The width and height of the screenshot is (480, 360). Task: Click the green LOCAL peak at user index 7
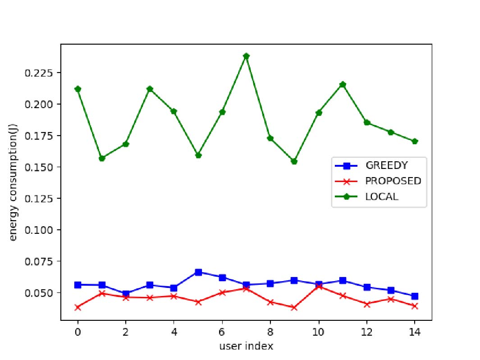click(x=246, y=56)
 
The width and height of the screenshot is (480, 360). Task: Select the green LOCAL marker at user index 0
click(x=78, y=89)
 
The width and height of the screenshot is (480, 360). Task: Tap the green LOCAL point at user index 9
click(x=294, y=161)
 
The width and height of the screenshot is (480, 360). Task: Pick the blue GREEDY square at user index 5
click(x=198, y=272)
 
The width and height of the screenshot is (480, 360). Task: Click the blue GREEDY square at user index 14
click(x=415, y=296)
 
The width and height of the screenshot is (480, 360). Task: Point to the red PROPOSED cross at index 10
click(x=319, y=286)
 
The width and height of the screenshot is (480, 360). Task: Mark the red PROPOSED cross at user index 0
click(x=78, y=307)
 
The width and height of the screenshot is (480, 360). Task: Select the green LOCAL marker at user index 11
click(x=343, y=85)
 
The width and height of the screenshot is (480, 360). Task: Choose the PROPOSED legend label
click(x=393, y=181)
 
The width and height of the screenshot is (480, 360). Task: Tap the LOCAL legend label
click(x=382, y=197)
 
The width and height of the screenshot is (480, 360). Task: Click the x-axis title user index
click(x=246, y=346)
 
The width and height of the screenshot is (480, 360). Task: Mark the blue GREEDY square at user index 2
click(x=126, y=294)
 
